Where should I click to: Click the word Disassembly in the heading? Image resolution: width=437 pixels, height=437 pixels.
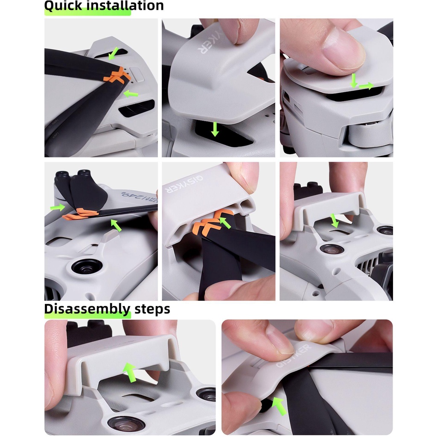(87, 309)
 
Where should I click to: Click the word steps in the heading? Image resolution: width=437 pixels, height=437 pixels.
(152, 309)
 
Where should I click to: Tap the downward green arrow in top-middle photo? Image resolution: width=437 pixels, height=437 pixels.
(215, 129)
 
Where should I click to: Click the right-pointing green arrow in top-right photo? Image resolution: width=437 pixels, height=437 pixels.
(366, 86)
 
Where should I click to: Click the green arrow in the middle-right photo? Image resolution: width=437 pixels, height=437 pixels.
(334, 221)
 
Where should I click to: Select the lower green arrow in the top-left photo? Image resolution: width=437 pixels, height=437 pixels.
(131, 93)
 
